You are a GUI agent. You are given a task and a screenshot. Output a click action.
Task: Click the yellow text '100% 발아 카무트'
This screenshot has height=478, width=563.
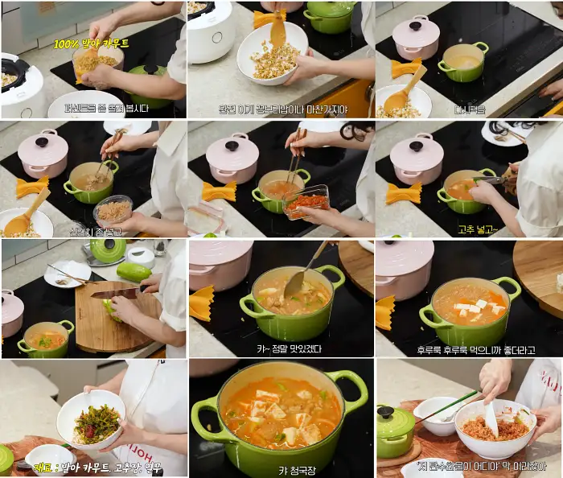click(x=91, y=43)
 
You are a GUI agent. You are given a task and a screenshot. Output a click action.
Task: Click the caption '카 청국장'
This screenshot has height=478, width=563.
click(x=281, y=470)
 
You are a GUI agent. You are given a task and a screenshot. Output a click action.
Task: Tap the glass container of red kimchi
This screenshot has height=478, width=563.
click(x=305, y=201)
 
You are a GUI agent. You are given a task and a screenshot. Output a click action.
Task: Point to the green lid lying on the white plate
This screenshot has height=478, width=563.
click(x=108, y=249)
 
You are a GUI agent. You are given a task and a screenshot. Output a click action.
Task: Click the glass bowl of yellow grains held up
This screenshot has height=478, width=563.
click(x=97, y=61)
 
